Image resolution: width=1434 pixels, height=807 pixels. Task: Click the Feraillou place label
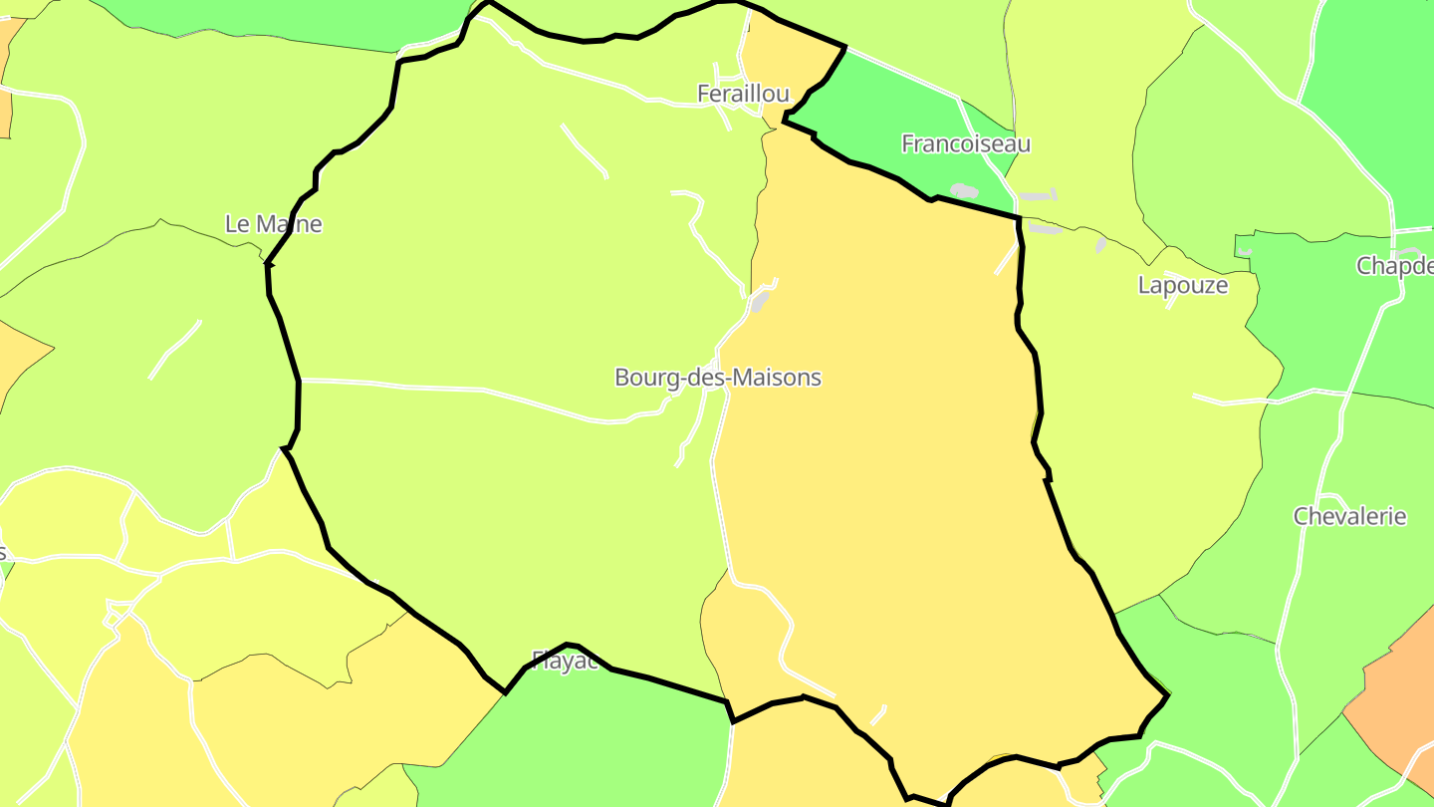click(x=743, y=94)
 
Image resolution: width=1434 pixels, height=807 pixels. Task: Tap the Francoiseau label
click(x=965, y=143)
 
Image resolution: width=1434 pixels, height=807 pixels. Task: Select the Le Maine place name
click(x=273, y=224)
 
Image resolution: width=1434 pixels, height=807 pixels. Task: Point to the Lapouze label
click(x=1182, y=285)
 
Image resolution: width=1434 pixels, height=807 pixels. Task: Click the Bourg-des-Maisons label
click(x=717, y=378)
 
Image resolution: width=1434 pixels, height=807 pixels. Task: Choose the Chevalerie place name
click(x=1349, y=516)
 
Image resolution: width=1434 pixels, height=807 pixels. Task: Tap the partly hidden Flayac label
click(x=565, y=662)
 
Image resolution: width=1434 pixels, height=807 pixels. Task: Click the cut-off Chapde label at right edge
click(x=1394, y=266)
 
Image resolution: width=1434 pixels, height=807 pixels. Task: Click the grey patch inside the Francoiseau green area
click(x=964, y=190)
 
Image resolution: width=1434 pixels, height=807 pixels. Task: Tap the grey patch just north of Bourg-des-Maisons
click(x=761, y=300)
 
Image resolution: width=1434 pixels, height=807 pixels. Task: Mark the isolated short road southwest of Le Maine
click(x=174, y=350)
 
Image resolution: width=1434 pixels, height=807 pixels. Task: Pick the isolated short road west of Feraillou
click(x=585, y=151)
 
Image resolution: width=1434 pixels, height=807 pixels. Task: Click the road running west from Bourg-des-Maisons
click(x=448, y=387)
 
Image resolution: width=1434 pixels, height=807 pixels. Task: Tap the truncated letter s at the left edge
click(x=3, y=553)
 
